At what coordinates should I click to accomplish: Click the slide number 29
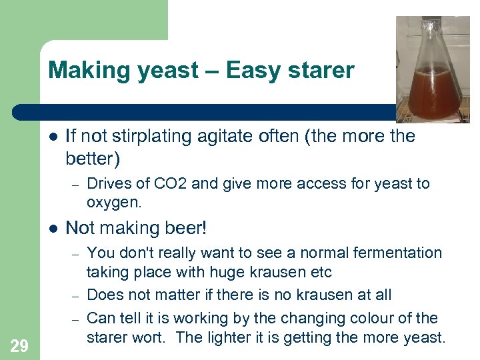tap(19, 345)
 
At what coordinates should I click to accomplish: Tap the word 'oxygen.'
tap(113, 201)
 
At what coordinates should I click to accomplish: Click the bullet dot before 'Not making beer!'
tap(52, 228)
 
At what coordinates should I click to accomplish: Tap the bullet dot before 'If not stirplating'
tap(52, 137)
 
